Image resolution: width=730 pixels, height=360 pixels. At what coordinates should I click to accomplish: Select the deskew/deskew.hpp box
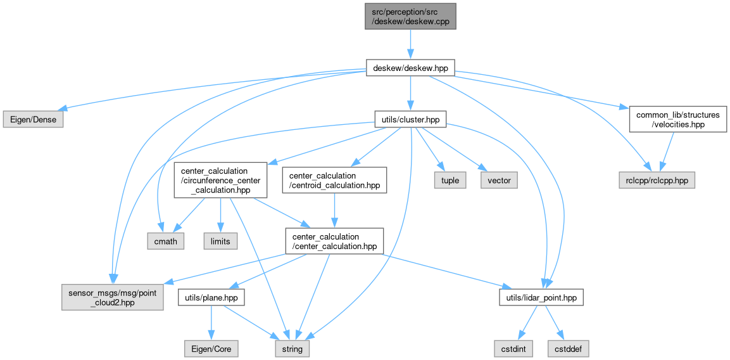point(410,67)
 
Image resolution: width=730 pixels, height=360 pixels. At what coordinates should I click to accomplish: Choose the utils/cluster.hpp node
point(410,119)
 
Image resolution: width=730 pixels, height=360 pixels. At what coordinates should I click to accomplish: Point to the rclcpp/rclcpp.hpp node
point(657,181)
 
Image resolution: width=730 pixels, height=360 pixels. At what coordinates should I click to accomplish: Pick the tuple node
point(449,181)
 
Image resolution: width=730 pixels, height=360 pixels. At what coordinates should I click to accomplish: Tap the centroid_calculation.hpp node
point(334,181)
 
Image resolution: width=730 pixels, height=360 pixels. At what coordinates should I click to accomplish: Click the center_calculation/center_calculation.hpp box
point(334,241)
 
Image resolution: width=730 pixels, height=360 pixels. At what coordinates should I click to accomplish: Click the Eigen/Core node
point(210,349)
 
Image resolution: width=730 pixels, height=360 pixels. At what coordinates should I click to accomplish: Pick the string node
point(292,349)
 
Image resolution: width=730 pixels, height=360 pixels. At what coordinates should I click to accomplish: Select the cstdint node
point(513,349)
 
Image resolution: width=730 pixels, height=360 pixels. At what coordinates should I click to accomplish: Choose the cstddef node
point(568,349)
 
